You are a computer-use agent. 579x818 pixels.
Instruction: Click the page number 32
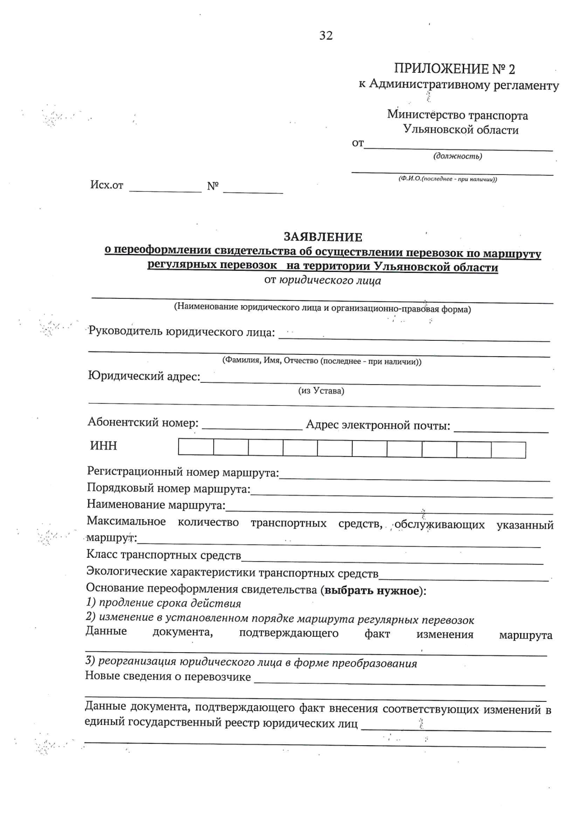(x=326, y=36)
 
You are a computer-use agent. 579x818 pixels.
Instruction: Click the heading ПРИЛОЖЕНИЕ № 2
(x=455, y=69)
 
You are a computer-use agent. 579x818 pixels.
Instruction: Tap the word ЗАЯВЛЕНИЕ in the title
(x=323, y=237)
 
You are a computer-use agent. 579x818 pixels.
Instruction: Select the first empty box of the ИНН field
(x=196, y=448)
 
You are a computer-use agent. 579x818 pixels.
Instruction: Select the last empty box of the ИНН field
(x=509, y=449)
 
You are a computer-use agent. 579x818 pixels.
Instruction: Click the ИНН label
(x=104, y=446)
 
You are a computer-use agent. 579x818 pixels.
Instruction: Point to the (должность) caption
(x=458, y=156)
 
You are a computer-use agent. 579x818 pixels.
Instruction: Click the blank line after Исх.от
(x=165, y=188)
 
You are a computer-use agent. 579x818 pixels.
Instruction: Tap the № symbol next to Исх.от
(x=213, y=186)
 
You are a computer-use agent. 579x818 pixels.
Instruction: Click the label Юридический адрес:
(x=144, y=376)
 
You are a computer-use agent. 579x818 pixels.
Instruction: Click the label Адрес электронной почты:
(x=378, y=426)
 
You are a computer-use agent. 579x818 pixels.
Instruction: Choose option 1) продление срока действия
(x=163, y=603)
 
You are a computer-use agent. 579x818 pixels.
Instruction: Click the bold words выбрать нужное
(x=372, y=591)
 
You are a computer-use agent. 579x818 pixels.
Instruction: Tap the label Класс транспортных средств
(x=164, y=555)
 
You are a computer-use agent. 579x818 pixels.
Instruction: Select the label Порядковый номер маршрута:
(x=168, y=489)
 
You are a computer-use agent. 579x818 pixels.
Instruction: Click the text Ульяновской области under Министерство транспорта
(x=461, y=130)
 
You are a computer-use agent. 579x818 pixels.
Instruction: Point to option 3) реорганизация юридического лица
(x=251, y=663)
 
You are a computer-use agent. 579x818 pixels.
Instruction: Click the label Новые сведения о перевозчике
(x=168, y=676)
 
